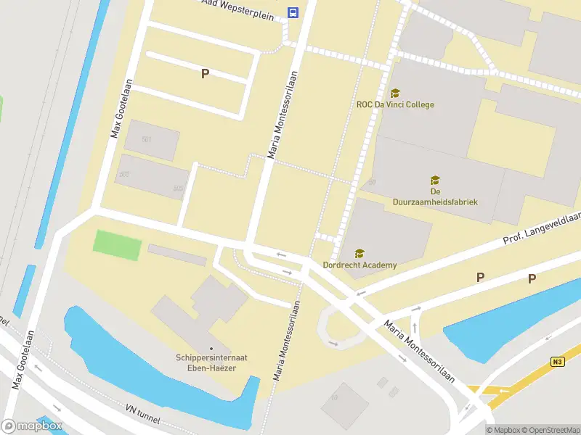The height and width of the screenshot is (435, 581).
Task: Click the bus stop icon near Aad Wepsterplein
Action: pos(293,12)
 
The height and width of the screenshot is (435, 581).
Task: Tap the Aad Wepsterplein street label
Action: pos(243,8)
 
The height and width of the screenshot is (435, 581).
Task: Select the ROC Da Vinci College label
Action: pos(395,104)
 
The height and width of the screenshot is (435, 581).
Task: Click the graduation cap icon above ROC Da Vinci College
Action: pos(395,93)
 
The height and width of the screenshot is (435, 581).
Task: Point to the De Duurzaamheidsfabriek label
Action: pos(435,196)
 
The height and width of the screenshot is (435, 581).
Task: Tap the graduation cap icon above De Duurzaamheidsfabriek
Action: pos(435,180)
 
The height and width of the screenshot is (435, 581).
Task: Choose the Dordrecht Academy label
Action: pos(359,265)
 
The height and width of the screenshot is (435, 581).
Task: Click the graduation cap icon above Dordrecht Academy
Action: pos(359,253)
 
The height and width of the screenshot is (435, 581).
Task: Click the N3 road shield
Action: pos(557,362)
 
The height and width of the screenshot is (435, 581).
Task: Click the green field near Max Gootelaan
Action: pos(117,245)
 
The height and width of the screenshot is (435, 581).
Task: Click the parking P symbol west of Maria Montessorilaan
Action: pos(205,73)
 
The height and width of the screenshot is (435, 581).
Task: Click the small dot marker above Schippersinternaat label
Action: pos(211,349)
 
